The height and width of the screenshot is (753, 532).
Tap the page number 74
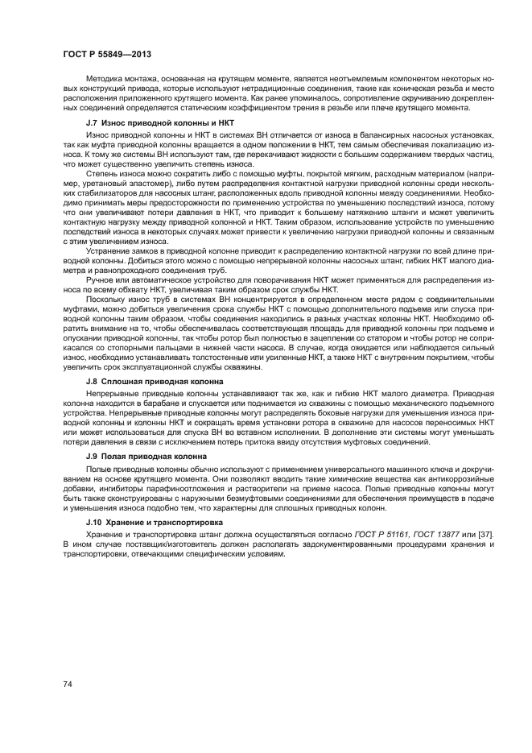point(68,684)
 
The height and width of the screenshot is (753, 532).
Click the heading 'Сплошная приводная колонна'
point(166,379)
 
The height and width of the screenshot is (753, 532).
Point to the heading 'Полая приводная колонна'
point(159,456)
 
